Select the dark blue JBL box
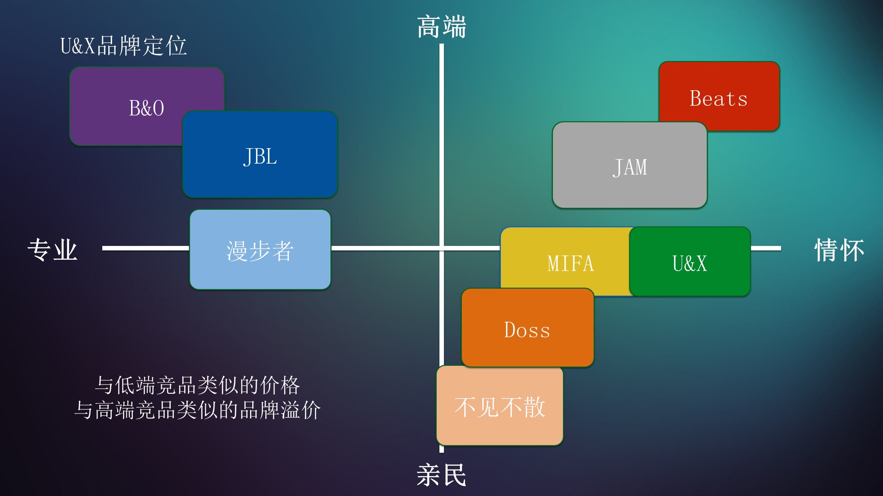coord(260,154)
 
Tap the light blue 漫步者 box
coord(260,250)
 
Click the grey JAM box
coord(630,165)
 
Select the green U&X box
coord(690,261)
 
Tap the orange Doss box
coord(528,328)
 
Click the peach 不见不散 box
coord(500,406)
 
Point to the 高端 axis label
coord(441,27)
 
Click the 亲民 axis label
coord(441,475)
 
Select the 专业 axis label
coord(52,249)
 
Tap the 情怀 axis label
coord(839,249)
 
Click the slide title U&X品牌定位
coord(123,45)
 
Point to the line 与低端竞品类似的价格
coord(197,385)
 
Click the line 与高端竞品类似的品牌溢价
coord(197,410)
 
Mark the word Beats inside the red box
coord(718,99)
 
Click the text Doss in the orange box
coord(527,330)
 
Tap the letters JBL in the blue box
coord(260,157)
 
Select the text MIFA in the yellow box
coord(571,263)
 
